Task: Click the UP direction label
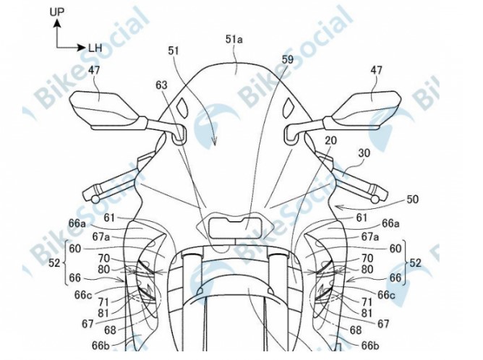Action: click(x=56, y=12)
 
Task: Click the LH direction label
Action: click(x=95, y=48)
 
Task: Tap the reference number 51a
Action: click(x=234, y=39)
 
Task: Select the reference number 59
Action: click(x=287, y=59)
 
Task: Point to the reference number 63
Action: click(x=161, y=85)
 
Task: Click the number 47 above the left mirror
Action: click(x=94, y=70)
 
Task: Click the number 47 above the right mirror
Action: click(x=376, y=70)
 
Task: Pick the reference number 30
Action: click(x=364, y=153)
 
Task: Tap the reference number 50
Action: click(x=412, y=200)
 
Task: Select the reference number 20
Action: click(x=331, y=141)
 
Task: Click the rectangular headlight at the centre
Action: click(x=235, y=227)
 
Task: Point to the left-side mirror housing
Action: click(x=104, y=109)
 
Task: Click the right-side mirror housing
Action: click(x=366, y=109)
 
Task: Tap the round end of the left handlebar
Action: click(x=95, y=200)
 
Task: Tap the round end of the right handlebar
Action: click(x=375, y=200)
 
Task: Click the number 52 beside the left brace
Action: click(x=54, y=263)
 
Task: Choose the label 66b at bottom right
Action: click(x=369, y=346)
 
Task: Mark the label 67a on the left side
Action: click(x=101, y=237)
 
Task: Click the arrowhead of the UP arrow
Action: click(x=56, y=22)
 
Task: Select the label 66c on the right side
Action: click(x=386, y=295)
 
